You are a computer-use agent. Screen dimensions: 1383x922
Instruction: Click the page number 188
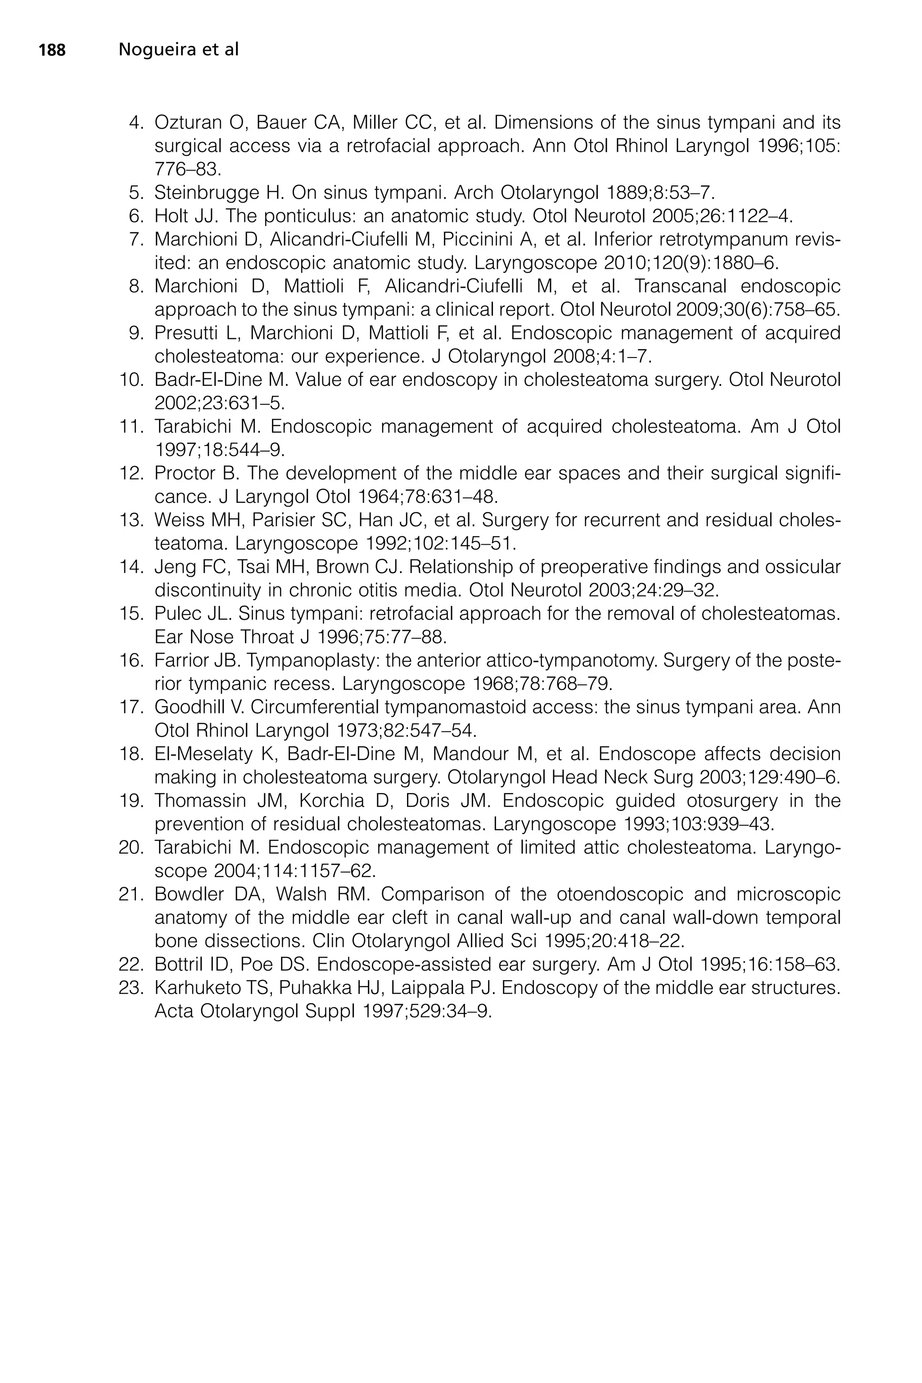[x=52, y=50]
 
